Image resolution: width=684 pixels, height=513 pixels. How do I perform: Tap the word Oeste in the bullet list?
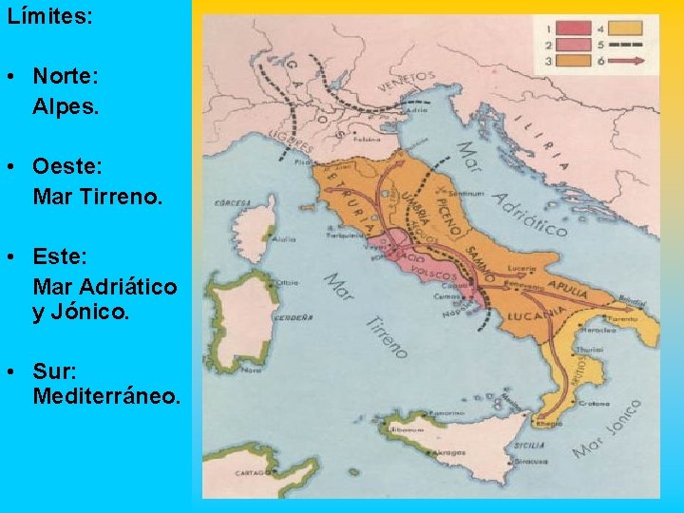point(64,166)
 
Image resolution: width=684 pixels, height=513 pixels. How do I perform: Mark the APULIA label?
point(567,282)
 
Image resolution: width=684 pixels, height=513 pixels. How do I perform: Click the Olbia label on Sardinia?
point(286,283)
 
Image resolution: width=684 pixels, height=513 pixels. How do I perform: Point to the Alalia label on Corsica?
point(284,241)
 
